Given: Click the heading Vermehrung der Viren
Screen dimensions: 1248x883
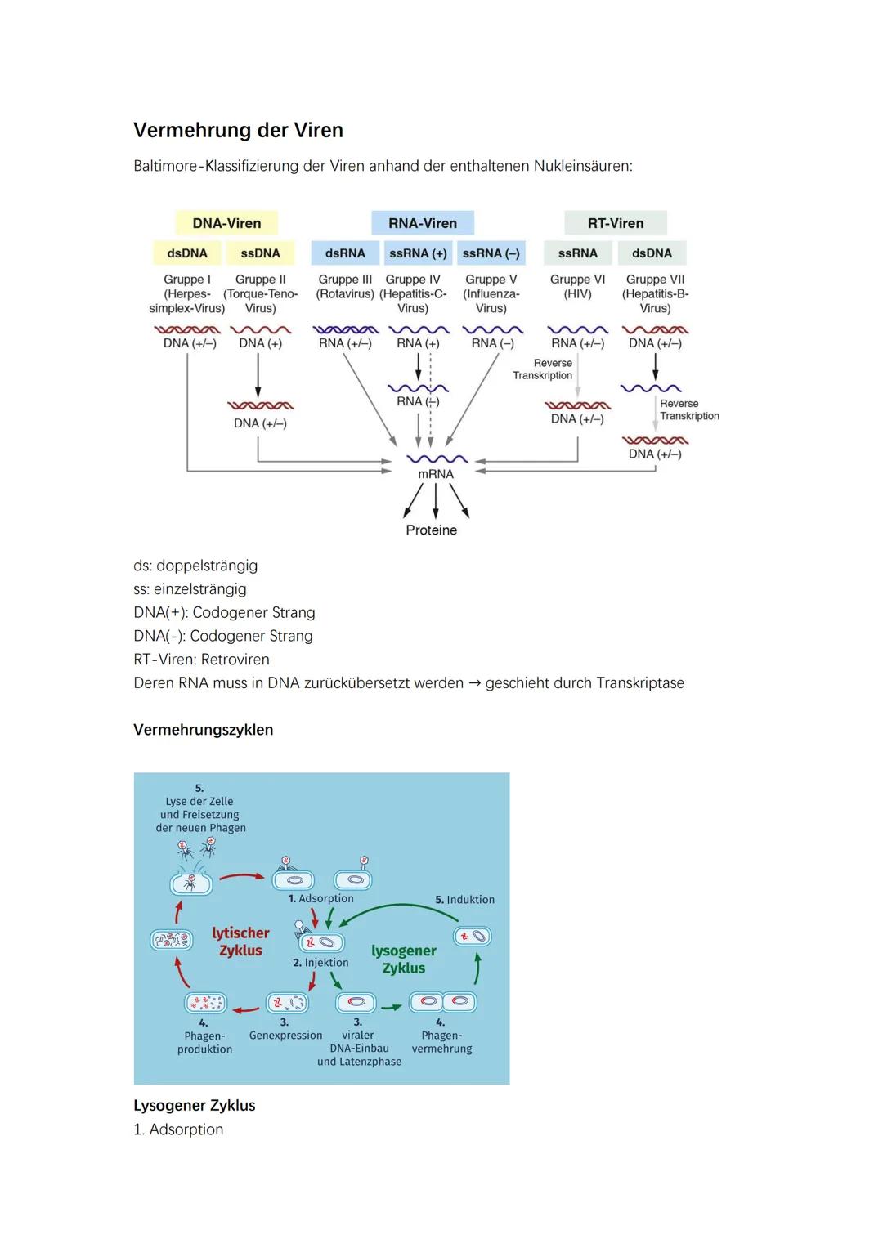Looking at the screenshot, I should tap(238, 131).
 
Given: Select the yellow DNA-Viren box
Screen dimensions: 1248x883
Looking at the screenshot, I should tap(226, 223).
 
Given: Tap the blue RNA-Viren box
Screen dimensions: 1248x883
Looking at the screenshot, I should tap(422, 223).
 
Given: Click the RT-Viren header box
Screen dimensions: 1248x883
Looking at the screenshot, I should tap(615, 223).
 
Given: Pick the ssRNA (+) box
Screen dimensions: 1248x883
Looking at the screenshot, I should tap(418, 253).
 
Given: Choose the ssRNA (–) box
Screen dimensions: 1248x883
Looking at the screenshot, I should tap(491, 253).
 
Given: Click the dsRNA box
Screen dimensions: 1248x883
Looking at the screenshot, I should tap(345, 253).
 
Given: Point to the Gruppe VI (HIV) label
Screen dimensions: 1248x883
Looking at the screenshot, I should tap(577, 286).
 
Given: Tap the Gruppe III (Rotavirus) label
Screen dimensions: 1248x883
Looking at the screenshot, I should tap(345, 286).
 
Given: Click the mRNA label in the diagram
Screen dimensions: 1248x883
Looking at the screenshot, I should tap(435, 474).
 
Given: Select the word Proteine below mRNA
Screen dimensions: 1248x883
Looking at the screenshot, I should tap(431, 530).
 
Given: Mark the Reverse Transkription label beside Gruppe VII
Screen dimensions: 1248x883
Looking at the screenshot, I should tap(689, 409).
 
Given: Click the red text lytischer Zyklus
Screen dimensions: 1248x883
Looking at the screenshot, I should tap(240, 942).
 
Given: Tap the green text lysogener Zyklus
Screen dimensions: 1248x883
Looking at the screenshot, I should tap(404, 959).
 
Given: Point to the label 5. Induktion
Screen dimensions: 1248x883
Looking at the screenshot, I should tap(464, 900).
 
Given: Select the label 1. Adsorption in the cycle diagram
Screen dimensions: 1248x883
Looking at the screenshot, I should tap(320, 899).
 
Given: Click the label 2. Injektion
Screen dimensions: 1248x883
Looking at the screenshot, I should tap(320, 963).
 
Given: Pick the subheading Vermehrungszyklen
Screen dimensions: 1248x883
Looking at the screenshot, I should tap(203, 730).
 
